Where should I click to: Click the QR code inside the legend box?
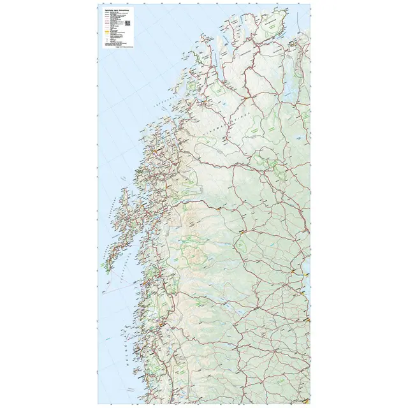click(x=127, y=24)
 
